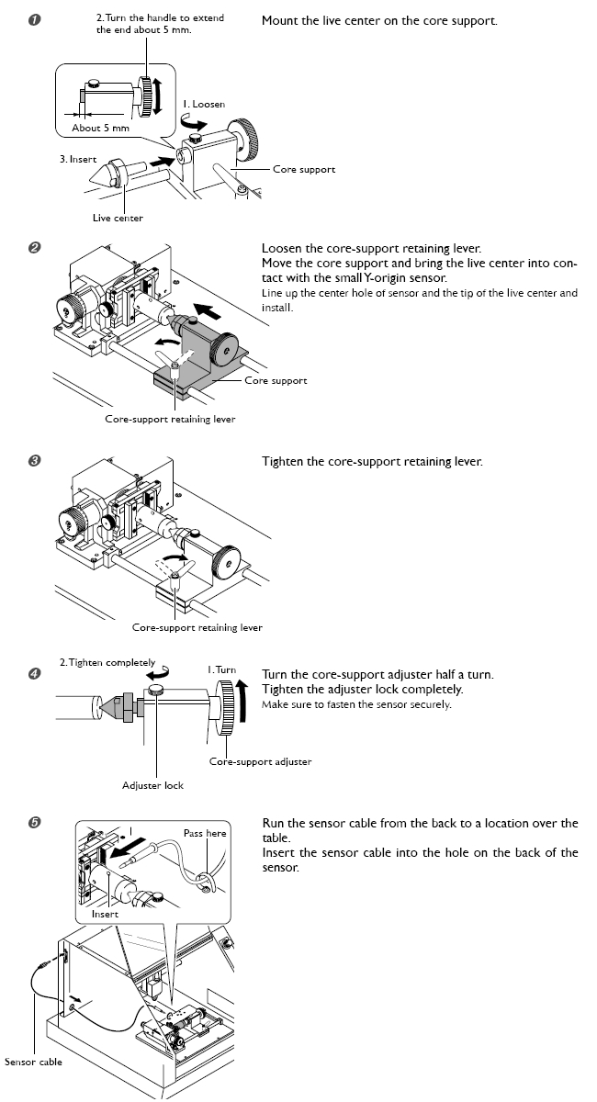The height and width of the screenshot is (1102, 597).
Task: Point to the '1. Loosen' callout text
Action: click(203, 104)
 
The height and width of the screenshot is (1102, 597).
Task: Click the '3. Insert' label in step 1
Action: click(78, 159)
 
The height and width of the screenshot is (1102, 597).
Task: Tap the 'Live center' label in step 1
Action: click(118, 218)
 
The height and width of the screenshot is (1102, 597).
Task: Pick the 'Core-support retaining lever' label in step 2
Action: click(170, 419)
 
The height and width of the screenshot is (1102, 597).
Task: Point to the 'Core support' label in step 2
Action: click(276, 380)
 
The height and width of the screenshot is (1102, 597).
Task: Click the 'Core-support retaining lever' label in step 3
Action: click(197, 628)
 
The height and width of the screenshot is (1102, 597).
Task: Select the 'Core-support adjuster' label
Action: click(260, 761)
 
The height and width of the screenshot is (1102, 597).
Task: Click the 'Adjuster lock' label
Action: click(153, 785)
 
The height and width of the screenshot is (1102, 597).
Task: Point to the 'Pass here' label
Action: click(205, 833)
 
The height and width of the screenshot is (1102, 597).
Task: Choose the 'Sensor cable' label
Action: click(33, 1063)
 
